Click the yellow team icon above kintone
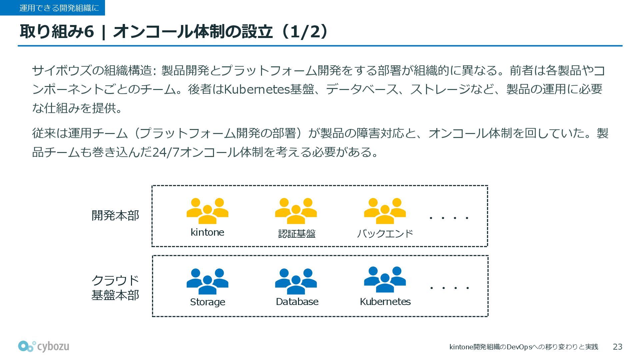tap(207, 211)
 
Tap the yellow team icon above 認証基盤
tap(296, 211)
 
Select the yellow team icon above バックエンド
tap(385, 211)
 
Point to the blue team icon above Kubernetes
tap(385, 280)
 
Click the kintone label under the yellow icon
tap(207, 232)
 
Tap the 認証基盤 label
tap(297, 234)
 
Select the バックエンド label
tap(385, 233)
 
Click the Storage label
tap(207, 302)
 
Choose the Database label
tap(297, 302)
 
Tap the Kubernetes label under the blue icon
tap(385, 302)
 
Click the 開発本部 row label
tap(115, 216)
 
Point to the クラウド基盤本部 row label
tap(115, 288)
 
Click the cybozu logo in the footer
tap(44, 347)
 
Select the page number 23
tap(617, 347)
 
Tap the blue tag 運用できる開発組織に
tap(59, 8)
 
